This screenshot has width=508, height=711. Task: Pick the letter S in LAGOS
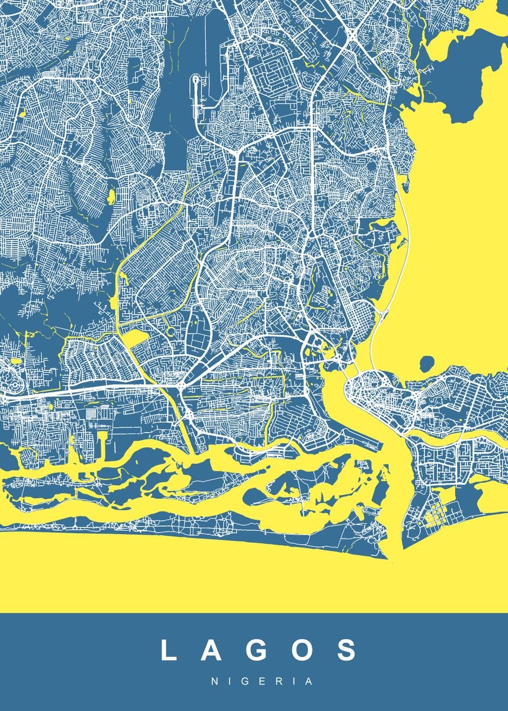tap(344, 650)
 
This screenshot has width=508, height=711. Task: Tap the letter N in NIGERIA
tap(215, 681)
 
